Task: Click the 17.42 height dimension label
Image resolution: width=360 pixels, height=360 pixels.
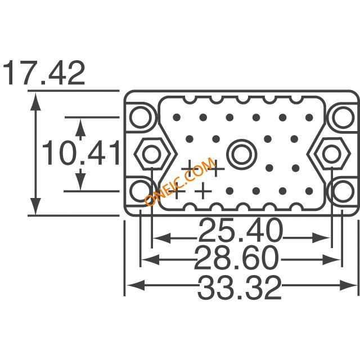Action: click(x=44, y=73)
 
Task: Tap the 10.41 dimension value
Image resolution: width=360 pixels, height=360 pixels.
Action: click(x=81, y=153)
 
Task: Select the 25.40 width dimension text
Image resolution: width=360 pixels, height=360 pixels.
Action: click(x=240, y=230)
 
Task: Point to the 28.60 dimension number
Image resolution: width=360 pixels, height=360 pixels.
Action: click(x=236, y=258)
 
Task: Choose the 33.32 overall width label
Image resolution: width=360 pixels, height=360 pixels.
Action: click(x=240, y=287)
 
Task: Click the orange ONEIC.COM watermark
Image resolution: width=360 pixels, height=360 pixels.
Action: click(x=181, y=181)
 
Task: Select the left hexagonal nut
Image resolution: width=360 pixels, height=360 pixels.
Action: click(x=152, y=154)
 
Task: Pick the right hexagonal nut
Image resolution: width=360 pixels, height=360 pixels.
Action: click(x=331, y=154)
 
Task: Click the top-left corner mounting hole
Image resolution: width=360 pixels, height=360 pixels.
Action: click(x=141, y=118)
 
